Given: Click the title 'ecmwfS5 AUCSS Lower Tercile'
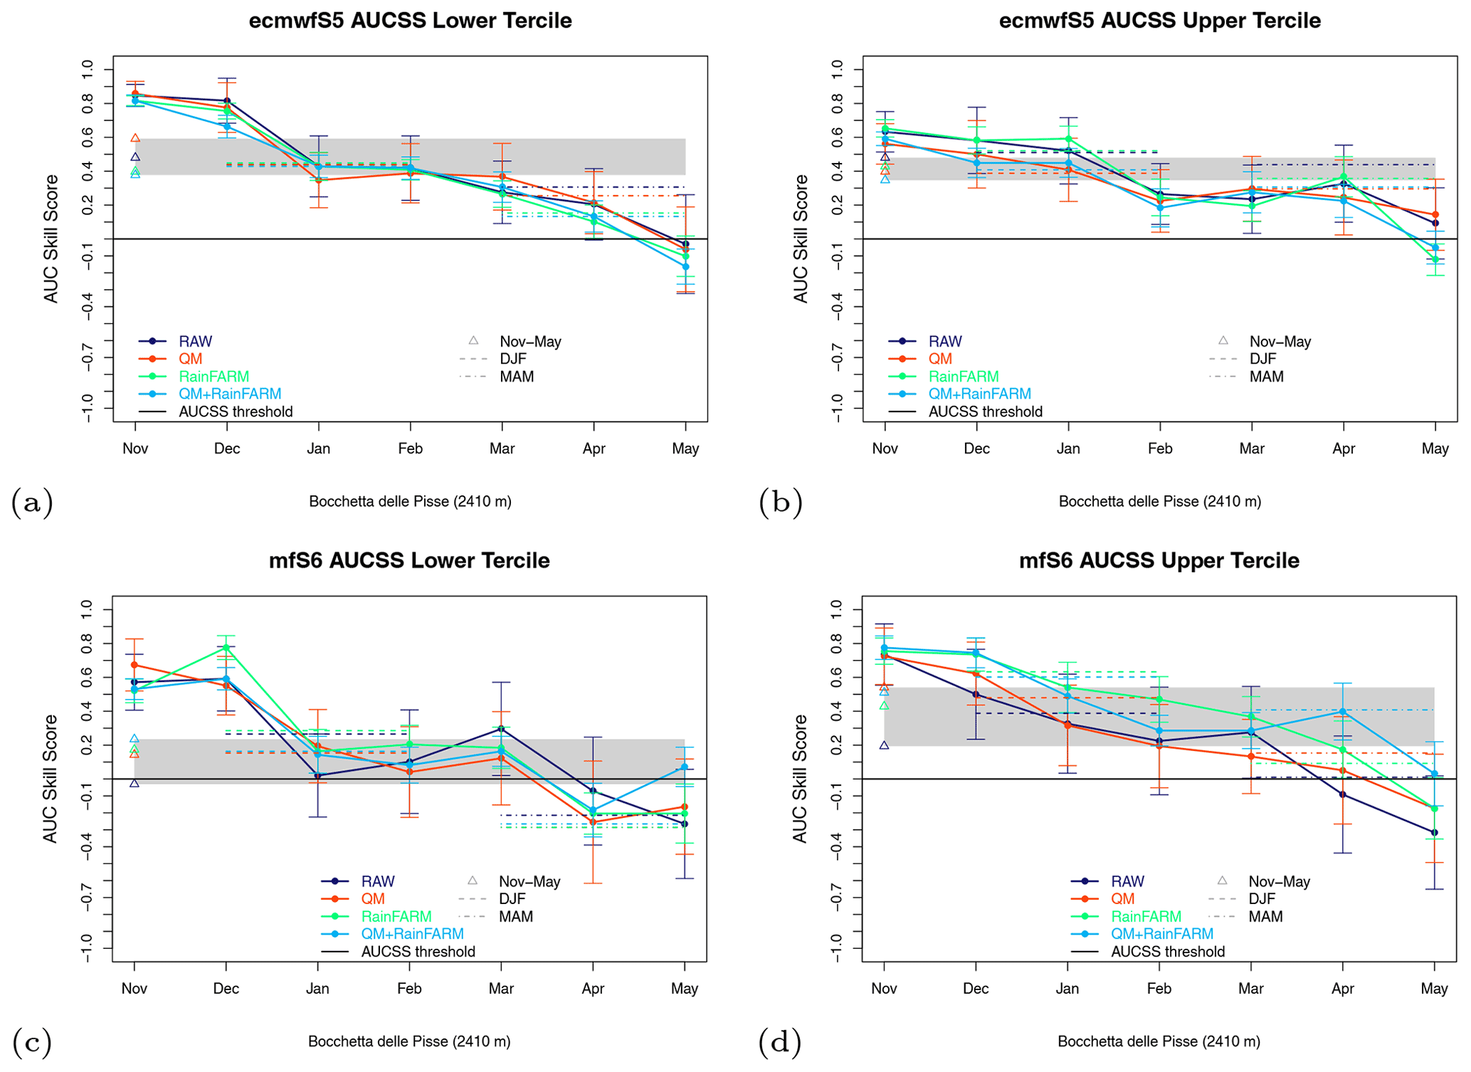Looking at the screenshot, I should point(410,21).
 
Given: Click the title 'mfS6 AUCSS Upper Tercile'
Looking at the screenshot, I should point(1159,561).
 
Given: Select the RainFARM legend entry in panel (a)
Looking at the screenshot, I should point(213,377).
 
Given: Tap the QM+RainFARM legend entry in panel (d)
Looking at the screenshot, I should point(1161,934).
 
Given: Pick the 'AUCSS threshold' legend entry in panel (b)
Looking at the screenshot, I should point(985,411).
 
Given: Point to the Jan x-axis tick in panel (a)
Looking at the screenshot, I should point(319,448).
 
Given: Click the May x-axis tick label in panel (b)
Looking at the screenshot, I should point(1435,448).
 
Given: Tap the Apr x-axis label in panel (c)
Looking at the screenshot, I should point(593,989).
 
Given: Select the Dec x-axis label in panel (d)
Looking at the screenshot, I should point(976,989).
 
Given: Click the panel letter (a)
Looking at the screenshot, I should point(32,503).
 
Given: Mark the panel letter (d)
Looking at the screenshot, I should point(780,1043).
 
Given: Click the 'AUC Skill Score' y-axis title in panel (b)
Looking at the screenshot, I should point(801,238).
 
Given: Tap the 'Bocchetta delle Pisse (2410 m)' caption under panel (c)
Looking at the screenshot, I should point(409,1041).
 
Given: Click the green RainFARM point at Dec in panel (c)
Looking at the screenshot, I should point(226,647).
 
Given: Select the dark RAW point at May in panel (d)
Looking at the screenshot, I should point(1434,832).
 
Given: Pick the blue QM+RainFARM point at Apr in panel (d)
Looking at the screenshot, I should point(1342,711).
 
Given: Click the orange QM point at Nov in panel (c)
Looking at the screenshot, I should point(135,665).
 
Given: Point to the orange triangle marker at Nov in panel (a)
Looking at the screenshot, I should point(136,138).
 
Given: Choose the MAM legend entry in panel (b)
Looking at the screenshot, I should point(1266,377).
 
